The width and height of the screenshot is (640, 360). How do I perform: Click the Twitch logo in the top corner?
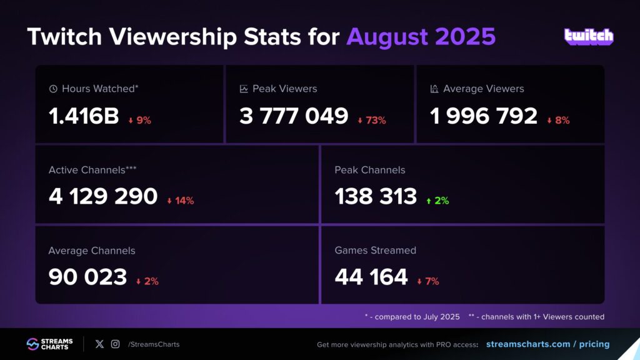[x=589, y=36]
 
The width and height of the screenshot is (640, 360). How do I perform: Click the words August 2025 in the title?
[x=421, y=37]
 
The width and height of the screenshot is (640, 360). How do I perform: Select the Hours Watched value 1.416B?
[x=84, y=116]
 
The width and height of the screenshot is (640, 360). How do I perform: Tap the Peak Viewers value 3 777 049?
[x=294, y=116]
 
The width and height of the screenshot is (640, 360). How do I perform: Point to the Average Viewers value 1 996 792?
[x=484, y=116]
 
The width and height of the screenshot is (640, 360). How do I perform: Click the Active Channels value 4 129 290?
[x=103, y=196]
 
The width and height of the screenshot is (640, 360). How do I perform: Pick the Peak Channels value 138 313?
[x=376, y=196]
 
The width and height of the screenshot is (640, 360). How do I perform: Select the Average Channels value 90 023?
[x=87, y=277]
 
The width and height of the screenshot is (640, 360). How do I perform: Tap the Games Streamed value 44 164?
[x=371, y=277]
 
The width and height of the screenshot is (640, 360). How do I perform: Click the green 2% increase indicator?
[x=437, y=201]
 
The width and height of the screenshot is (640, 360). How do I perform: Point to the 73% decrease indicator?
[x=372, y=121]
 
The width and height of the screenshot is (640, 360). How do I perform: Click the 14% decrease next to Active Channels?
[x=181, y=201]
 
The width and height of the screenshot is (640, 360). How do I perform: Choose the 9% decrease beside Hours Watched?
[x=139, y=121]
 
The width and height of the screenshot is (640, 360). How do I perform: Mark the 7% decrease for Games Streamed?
[x=428, y=281]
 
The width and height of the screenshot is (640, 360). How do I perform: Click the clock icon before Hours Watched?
[x=53, y=89]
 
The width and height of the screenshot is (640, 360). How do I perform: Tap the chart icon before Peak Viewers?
[x=244, y=89]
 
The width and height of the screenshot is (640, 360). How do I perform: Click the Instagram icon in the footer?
[x=115, y=344]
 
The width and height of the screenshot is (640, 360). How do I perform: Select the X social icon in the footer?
[x=99, y=344]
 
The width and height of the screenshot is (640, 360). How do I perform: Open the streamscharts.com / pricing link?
[x=547, y=344]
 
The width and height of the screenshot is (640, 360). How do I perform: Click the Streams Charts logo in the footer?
[x=50, y=344]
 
